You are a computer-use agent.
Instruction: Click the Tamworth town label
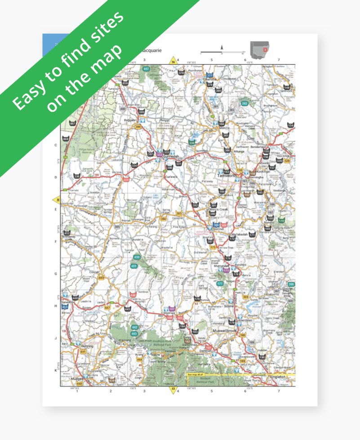[x=227, y=176]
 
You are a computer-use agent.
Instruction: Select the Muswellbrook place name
[x=225, y=331]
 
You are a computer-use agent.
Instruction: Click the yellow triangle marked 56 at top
[x=173, y=61]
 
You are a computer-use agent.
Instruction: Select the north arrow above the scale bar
[x=222, y=47]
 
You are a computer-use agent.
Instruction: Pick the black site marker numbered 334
[x=134, y=165]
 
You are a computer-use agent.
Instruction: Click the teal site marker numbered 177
[x=220, y=284]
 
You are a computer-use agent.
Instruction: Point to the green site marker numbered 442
[x=134, y=328]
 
